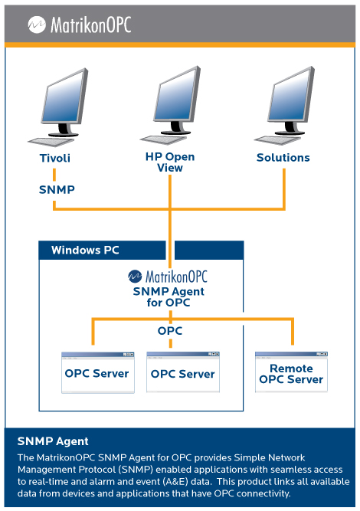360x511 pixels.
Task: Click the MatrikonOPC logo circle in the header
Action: pos(37,25)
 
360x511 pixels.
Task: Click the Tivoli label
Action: pos(54,158)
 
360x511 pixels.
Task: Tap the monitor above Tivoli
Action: pos(64,102)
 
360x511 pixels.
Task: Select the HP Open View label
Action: pos(170,162)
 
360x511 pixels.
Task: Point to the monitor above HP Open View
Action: pos(177,100)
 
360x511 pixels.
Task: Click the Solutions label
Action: pos(283,157)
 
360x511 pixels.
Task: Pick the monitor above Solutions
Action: pos(290,100)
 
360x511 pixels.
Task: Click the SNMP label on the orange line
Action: pos(57,189)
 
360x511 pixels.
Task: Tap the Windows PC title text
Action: pos(85,250)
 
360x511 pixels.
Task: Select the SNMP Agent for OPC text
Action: pos(169,296)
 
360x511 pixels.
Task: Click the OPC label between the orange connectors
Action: pos(170,331)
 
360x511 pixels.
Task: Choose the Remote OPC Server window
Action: pos(291,372)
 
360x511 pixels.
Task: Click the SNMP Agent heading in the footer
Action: pos(53,441)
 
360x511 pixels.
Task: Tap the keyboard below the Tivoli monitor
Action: pos(51,142)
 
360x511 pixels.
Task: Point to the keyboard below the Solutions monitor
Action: pos(277,140)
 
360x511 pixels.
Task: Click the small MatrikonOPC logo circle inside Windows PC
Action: pos(135,277)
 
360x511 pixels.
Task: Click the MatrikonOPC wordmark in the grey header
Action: pos(91,25)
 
